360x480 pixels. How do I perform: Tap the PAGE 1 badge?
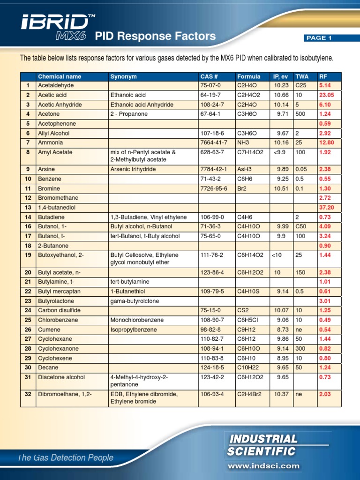[319, 38]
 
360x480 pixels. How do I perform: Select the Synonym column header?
[123, 76]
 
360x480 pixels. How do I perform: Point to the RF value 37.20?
[326, 207]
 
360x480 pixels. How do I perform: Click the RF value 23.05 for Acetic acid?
[326, 95]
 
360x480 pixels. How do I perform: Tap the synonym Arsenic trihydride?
[133, 169]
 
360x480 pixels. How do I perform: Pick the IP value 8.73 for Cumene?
[281, 330]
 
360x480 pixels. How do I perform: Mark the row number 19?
[28, 255]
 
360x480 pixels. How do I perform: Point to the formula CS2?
[243, 310]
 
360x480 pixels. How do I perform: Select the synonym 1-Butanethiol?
[127, 292]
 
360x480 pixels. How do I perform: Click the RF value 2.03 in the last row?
[325, 394]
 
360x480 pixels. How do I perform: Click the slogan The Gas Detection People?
[65, 458]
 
